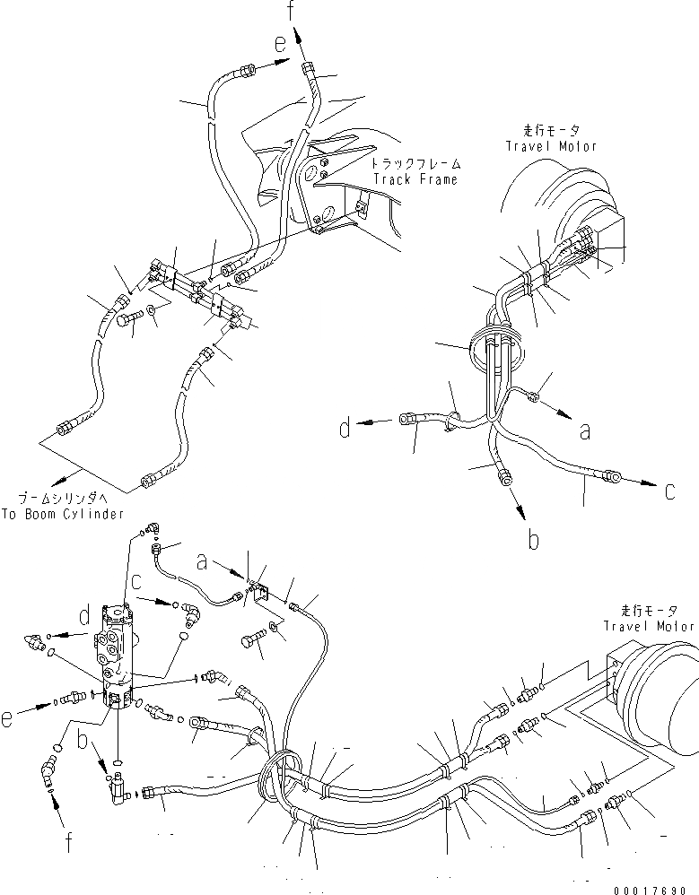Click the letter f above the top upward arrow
(289, 11)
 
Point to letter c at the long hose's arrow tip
(670, 491)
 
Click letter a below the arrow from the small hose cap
(585, 431)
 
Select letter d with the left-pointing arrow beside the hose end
(345, 429)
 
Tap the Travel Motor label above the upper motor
(551, 145)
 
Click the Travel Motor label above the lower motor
(649, 626)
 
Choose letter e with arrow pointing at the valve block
(33, 693)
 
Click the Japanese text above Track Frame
(415, 165)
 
